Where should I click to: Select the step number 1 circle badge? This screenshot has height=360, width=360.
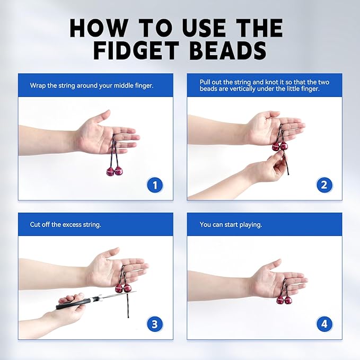click(155, 185)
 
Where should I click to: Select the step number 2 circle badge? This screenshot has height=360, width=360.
click(324, 185)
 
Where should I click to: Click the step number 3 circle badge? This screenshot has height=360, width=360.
click(155, 323)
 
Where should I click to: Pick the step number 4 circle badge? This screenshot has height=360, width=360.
click(324, 323)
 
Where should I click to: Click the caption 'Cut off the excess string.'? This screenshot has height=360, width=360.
click(65, 224)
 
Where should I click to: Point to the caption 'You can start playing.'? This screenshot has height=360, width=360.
click(231, 224)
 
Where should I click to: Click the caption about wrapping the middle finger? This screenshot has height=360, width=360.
click(92, 85)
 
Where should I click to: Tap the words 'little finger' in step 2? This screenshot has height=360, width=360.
click(302, 90)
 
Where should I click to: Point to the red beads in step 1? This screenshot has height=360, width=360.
click(115, 171)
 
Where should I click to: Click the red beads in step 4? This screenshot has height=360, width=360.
click(284, 300)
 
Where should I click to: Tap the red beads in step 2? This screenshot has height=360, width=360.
click(279, 146)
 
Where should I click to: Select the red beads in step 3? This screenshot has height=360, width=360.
click(123, 288)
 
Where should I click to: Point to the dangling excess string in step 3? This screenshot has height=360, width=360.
click(127, 308)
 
